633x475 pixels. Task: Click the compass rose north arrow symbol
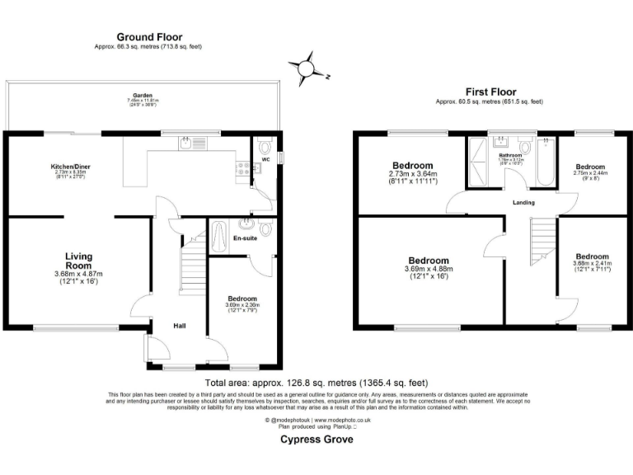click(x=307, y=66)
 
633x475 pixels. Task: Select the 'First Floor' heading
click(x=489, y=91)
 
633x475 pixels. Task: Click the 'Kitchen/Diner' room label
click(x=70, y=167)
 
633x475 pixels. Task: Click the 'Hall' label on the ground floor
click(x=178, y=327)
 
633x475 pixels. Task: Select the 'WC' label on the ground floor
click(x=265, y=159)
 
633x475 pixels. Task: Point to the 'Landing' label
click(x=523, y=202)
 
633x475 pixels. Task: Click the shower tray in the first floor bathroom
click(x=478, y=161)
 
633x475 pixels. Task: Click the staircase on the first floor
click(x=540, y=236)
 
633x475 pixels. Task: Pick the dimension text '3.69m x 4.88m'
click(x=427, y=269)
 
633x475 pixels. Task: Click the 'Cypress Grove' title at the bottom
click(x=316, y=440)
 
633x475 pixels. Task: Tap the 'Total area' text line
click(x=316, y=383)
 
